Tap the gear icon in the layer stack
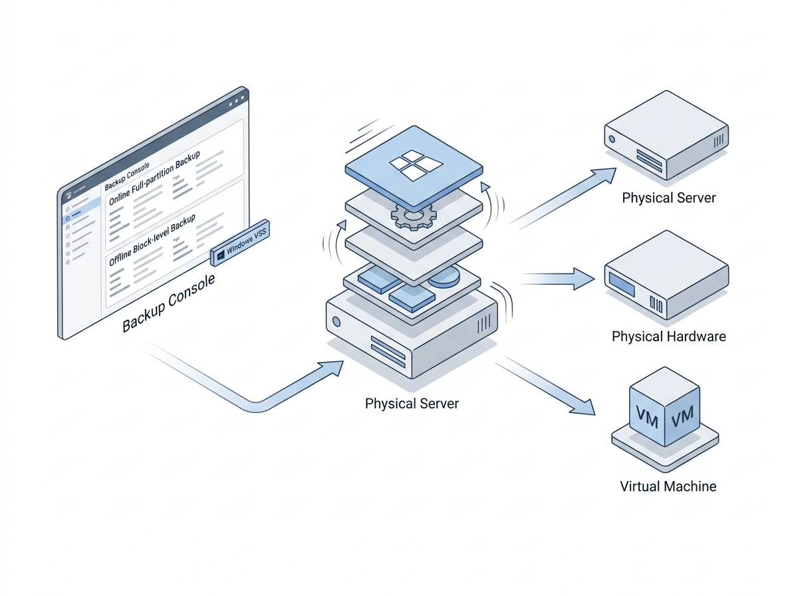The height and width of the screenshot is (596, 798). (x=412, y=215)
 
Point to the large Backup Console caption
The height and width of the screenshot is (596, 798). (x=169, y=303)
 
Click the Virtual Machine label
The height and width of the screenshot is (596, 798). (x=668, y=486)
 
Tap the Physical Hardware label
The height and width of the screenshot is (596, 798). (x=668, y=336)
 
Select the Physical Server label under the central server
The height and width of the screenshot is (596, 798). (x=412, y=403)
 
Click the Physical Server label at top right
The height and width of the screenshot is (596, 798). (x=668, y=198)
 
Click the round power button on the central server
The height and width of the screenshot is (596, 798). (x=336, y=322)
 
